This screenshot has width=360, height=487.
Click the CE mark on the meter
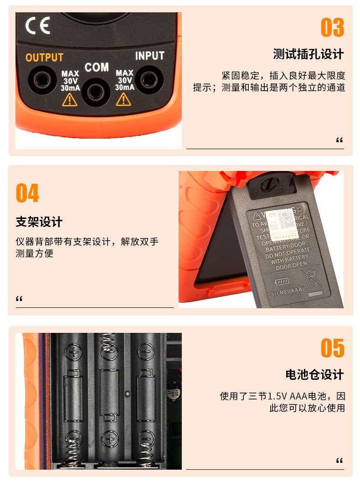tap(37, 26)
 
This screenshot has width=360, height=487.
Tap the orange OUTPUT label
tap(44, 58)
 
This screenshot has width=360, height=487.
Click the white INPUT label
tap(149, 56)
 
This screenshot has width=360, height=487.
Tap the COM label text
tap(97, 67)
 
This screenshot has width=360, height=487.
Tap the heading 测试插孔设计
tap(308, 54)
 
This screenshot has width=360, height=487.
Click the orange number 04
tap(27, 193)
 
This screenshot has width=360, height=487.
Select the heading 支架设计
tap(39, 222)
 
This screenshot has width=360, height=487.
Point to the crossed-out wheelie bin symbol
tap(312, 279)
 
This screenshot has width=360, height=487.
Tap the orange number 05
tap(332, 348)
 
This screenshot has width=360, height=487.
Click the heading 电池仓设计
tap(314, 375)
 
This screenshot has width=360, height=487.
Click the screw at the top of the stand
tap(268, 185)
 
